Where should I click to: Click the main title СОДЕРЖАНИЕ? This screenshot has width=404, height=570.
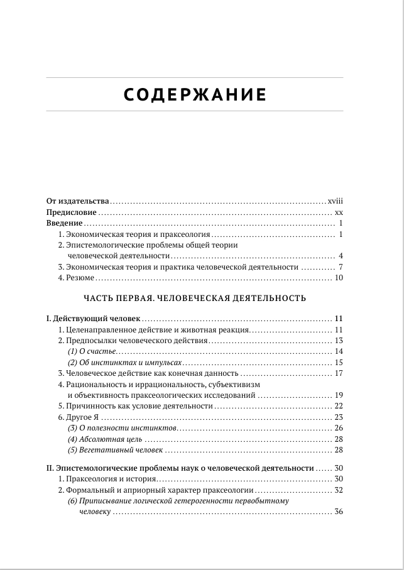click(195, 95)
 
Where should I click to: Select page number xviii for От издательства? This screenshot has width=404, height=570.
click(335, 201)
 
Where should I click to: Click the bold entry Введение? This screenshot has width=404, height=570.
click(65, 224)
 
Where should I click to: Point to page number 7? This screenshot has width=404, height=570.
click(339, 267)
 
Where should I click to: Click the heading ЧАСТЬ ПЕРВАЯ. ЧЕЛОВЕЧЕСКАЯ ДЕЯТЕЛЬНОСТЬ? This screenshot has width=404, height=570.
click(195, 298)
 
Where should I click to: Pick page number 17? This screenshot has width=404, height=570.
click(338, 373)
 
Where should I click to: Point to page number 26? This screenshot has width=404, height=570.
click(338, 427)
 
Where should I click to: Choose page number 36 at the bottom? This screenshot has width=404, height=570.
click(338, 513)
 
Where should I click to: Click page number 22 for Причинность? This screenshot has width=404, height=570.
click(338, 406)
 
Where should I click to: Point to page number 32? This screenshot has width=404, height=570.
click(338, 490)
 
